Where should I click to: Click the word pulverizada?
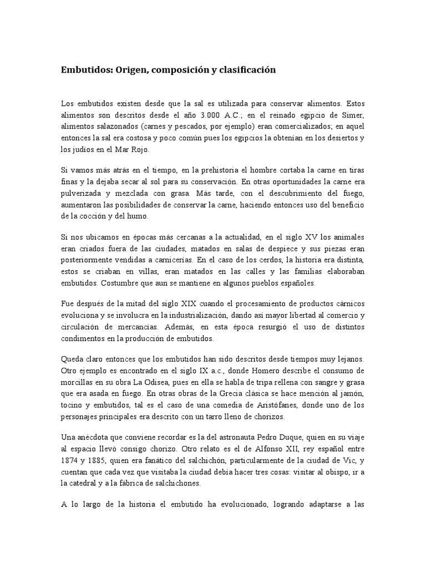tap(84, 194)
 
